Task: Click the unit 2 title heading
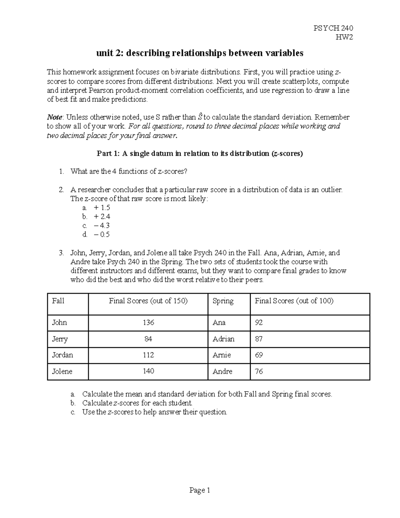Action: (x=200, y=53)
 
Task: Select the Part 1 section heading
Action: (x=200, y=154)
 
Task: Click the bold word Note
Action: (x=55, y=117)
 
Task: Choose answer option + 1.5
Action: (x=102, y=207)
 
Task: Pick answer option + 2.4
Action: (x=102, y=216)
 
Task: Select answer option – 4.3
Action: (x=102, y=225)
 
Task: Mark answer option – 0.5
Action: (x=102, y=234)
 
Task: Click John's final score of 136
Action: (x=148, y=323)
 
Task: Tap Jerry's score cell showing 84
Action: (x=148, y=339)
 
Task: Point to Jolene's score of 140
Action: (x=148, y=371)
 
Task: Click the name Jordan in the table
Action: (x=62, y=355)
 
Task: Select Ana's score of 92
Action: (x=259, y=323)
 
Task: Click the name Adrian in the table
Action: (x=223, y=339)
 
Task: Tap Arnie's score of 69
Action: (x=259, y=355)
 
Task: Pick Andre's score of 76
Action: (x=259, y=371)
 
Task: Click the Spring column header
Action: (x=223, y=301)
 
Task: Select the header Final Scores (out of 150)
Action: (x=148, y=301)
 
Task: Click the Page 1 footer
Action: (x=200, y=490)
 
